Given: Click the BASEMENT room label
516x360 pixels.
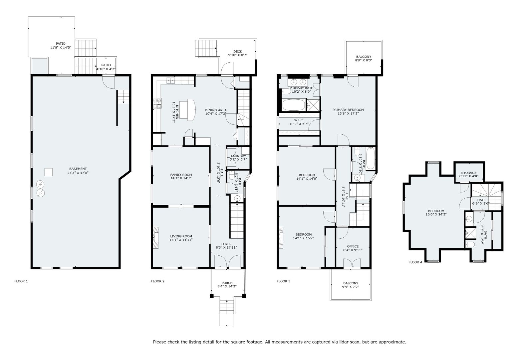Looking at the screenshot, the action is tap(78, 169).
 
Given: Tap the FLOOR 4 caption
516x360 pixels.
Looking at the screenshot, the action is tap(415, 262).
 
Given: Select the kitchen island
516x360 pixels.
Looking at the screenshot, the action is tap(188, 110).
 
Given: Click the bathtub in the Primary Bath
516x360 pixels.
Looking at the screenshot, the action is tap(294, 105).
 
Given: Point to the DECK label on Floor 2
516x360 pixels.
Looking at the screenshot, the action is tap(238, 51).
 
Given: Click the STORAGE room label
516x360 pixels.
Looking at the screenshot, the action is tap(469, 173).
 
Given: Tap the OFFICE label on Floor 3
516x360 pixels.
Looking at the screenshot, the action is tap(353, 246).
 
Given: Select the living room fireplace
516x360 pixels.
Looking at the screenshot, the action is tap(156, 237).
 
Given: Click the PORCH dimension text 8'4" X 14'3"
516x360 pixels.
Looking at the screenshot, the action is tap(227, 286).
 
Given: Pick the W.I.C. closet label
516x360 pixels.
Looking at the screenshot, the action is tap(299, 120).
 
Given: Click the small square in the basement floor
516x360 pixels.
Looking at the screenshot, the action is tap(49, 172).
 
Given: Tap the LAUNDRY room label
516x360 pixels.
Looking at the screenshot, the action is tap(238, 156).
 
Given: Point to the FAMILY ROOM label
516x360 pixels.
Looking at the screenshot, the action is tap(181, 175).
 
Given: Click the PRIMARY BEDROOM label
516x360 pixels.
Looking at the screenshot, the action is tap(348, 110).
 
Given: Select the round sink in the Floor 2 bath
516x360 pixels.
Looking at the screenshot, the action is tap(237, 198).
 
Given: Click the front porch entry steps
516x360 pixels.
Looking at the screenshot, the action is tap(227, 307).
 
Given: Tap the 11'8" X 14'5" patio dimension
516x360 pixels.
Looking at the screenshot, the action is tap(61, 48).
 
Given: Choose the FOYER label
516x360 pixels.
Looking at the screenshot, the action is tap(226, 244).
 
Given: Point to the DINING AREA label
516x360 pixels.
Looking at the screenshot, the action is tap(216, 110).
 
